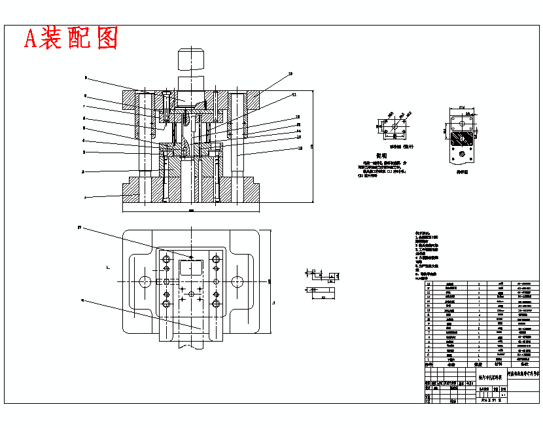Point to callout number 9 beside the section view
tap(85, 77)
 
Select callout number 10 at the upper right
tap(290, 73)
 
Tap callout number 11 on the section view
tap(294, 94)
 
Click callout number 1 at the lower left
tap(85, 196)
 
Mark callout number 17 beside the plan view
tap(80, 228)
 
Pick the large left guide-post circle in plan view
tap(145, 281)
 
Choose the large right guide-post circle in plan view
tap(236, 281)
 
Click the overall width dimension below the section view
tap(191, 211)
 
